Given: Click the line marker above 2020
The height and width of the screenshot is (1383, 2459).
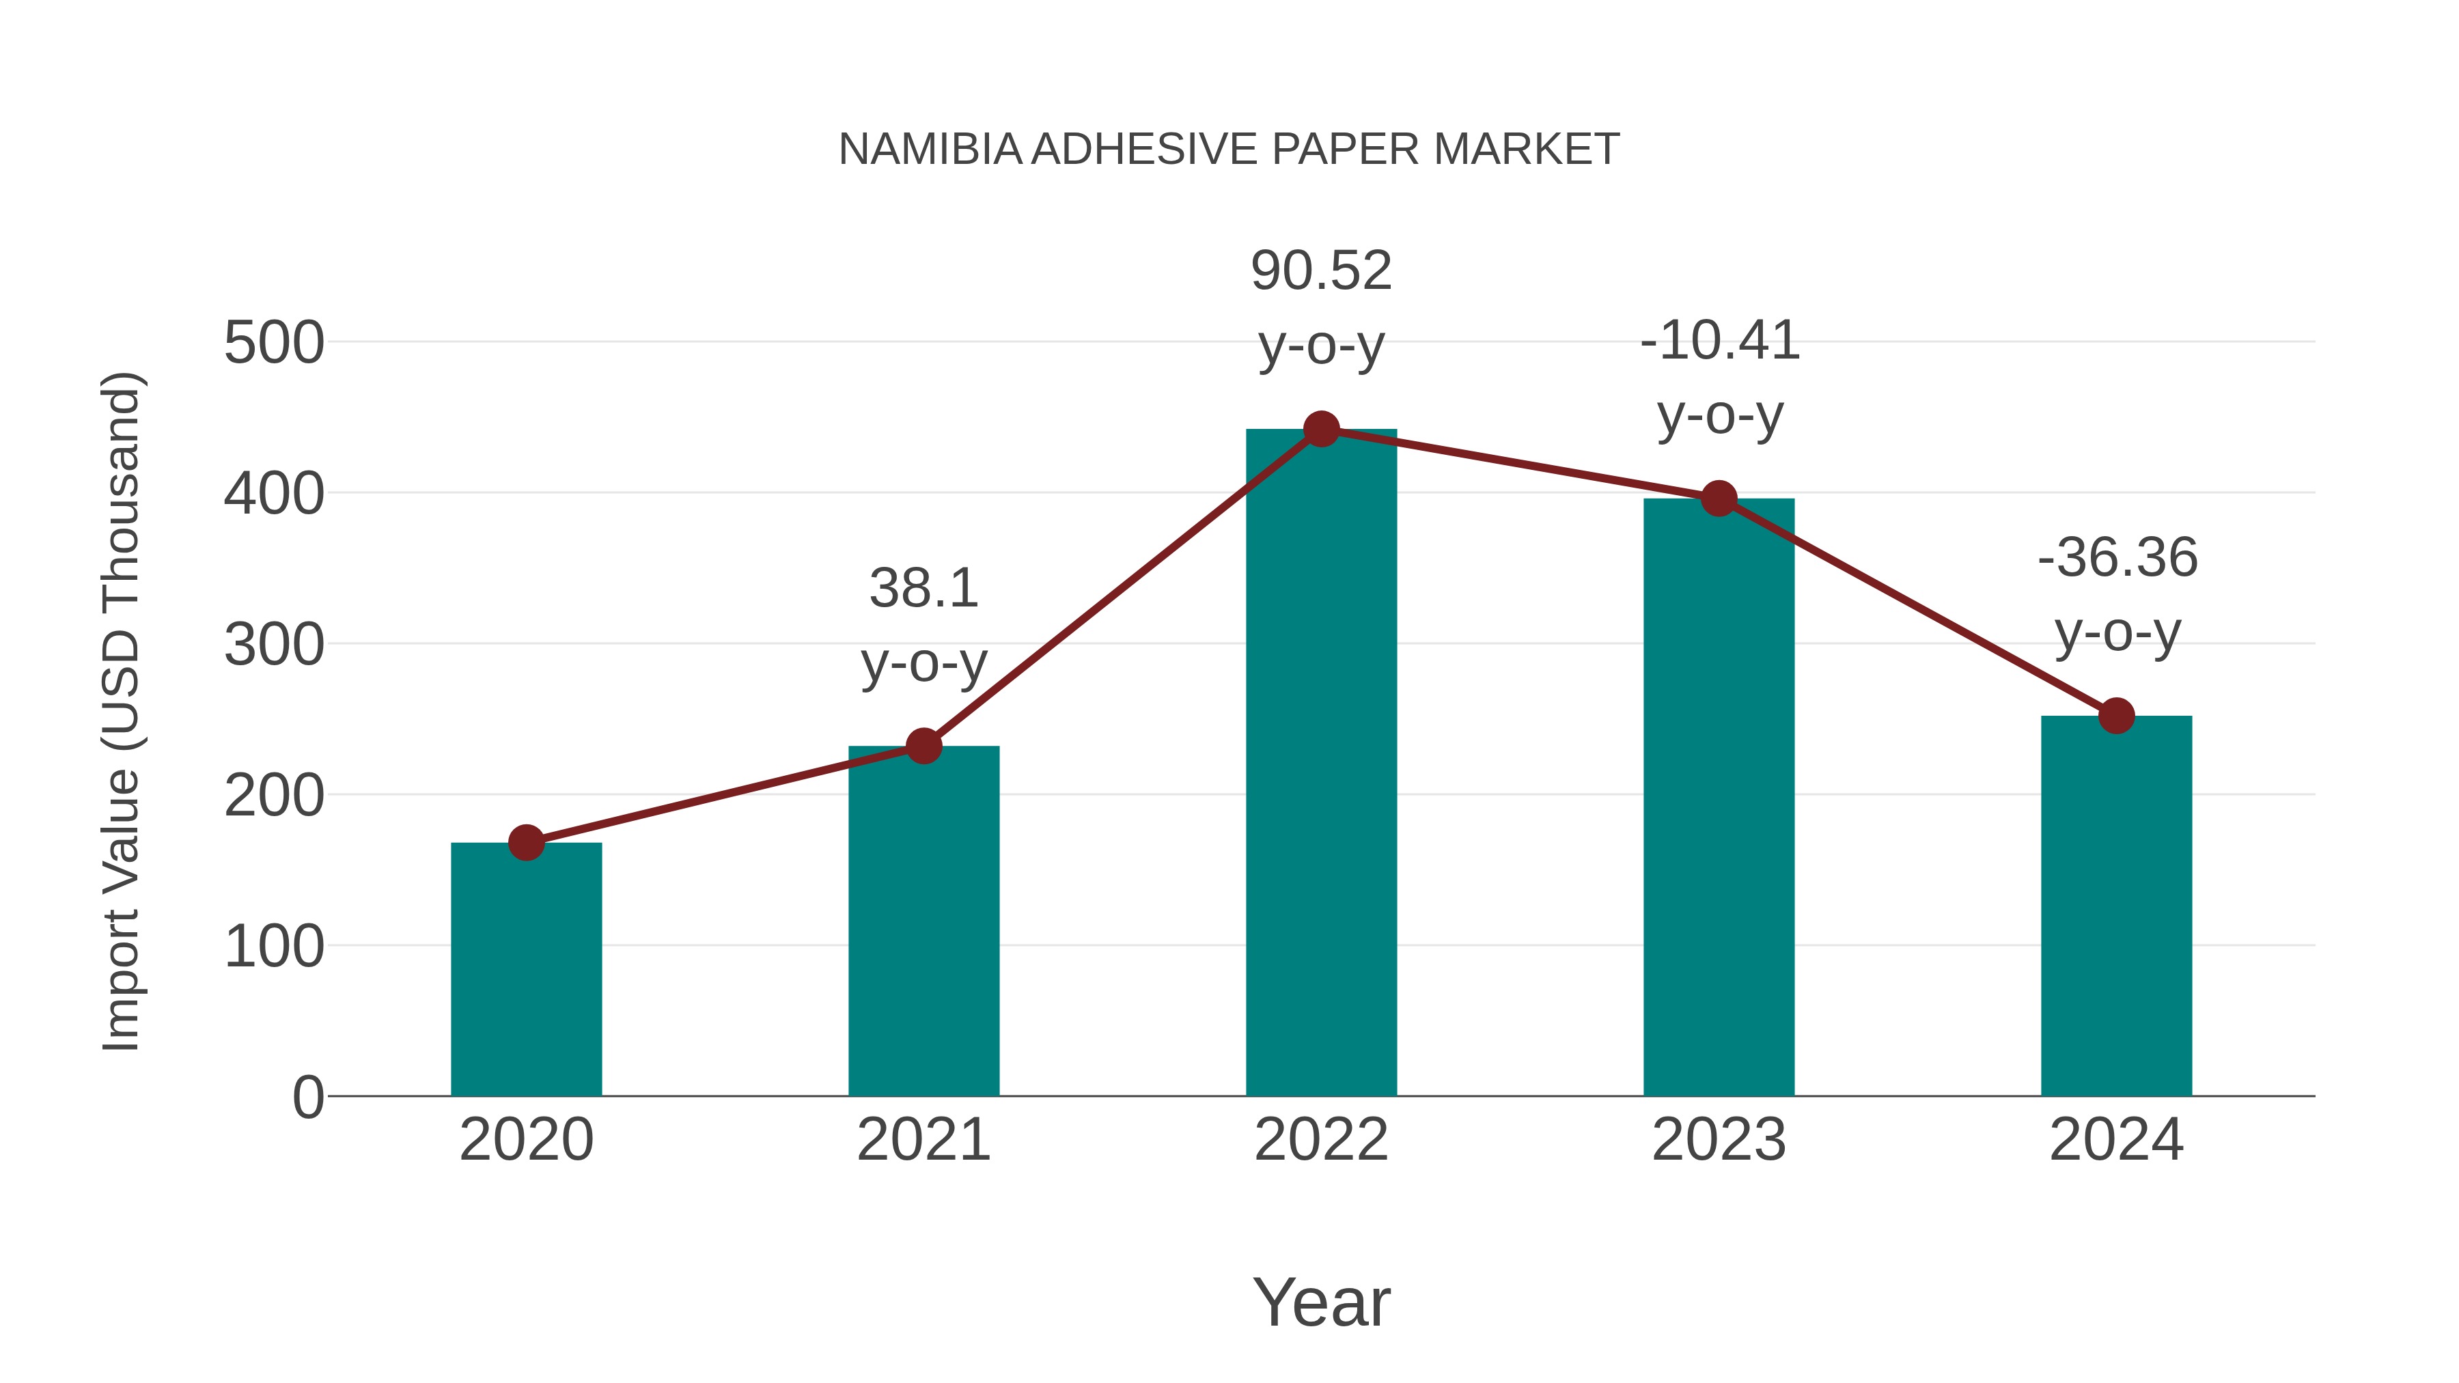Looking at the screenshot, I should [526, 842].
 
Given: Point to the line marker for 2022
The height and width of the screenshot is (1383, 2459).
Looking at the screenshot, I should [1321, 430].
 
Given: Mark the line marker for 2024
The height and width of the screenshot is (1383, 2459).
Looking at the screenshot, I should [2116, 715].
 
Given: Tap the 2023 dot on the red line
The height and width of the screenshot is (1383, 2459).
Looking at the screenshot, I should [1719, 499].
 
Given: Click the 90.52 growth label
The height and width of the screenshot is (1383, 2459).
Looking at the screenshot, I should [1321, 271].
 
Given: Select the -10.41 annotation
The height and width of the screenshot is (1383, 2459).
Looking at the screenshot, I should [1719, 341].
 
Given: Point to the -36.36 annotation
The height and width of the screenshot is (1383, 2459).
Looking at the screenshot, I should [2117, 559].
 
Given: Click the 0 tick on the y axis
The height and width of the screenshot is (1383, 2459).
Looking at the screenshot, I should [307, 1098].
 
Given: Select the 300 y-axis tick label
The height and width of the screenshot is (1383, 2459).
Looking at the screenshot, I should [274, 645].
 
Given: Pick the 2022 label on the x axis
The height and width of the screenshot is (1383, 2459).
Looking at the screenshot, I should [1321, 1141].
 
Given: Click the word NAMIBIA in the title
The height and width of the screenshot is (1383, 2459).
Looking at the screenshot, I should [930, 150].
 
